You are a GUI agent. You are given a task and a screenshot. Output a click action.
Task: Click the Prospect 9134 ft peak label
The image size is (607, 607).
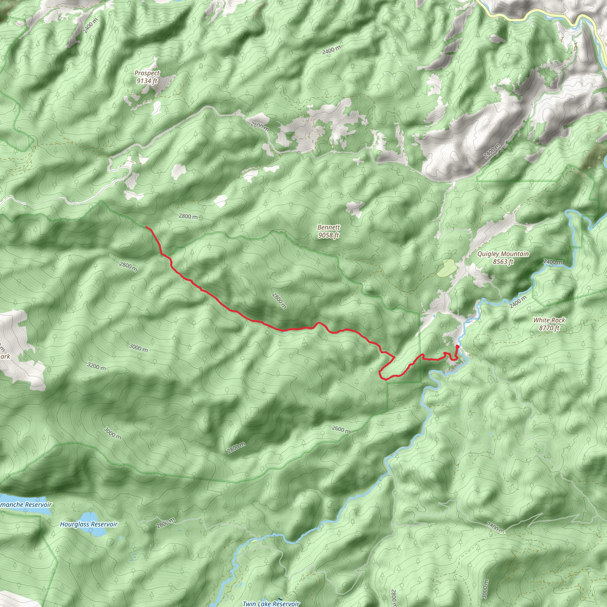tap(147, 77)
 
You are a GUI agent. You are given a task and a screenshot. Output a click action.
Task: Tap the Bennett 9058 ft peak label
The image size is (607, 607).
tap(328, 231)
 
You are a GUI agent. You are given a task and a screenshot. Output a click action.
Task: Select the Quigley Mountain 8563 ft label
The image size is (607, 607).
tap(503, 258)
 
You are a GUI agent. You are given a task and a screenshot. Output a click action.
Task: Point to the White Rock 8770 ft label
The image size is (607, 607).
tap(549, 324)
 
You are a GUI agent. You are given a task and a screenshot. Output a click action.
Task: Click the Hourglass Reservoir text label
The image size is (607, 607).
tap(89, 524)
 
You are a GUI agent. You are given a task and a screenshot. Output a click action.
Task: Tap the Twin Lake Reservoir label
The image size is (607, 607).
tap(271, 603)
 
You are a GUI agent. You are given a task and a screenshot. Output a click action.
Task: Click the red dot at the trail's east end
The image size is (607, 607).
tap(457, 346)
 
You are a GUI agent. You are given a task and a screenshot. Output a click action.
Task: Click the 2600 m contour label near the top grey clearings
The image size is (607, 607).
tap(260, 127)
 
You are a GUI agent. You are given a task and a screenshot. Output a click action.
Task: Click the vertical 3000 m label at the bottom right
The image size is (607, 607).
tap(485, 589)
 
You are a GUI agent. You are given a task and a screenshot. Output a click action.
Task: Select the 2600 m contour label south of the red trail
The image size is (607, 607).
tap(341, 429)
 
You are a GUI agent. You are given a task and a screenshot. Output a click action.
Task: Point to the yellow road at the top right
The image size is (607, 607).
tap(534, 14)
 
